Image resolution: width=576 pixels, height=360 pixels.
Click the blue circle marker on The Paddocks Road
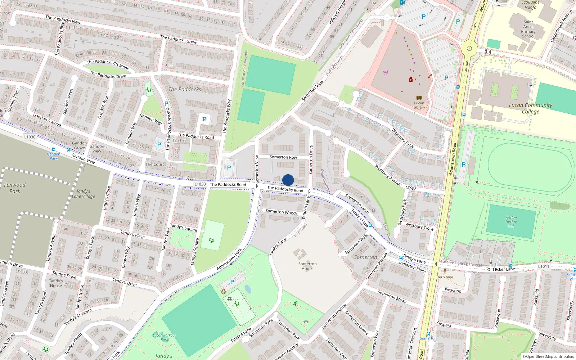point(288,180)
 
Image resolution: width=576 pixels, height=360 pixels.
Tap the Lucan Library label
point(419,105)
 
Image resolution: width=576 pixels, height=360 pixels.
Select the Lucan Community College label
point(530,108)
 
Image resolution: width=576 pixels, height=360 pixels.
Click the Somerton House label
point(307,266)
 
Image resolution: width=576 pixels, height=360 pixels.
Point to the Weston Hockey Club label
point(511,221)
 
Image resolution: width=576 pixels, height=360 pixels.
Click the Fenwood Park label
point(15,188)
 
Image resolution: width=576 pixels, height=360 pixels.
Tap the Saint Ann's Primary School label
point(528,29)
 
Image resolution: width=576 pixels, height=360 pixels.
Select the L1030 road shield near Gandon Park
point(30,137)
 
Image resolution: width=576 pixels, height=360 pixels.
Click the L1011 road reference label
point(544,266)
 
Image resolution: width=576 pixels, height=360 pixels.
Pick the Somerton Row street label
point(283,157)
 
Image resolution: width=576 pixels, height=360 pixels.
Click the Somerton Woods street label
point(282,212)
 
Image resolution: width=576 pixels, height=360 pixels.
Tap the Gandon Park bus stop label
point(53,156)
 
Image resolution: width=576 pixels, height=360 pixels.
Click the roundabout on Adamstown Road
point(469,48)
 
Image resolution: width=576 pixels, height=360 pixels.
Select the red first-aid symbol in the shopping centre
point(410,79)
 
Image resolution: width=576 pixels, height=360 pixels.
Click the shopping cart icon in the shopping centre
point(386,72)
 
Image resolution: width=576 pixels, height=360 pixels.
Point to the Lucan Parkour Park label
point(164,337)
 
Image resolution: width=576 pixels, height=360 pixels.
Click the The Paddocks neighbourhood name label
point(185,89)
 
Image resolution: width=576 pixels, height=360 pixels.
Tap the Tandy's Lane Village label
point(83,194)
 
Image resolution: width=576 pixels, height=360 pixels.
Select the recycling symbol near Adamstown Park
point(224,292)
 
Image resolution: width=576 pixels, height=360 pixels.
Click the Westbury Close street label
point(419,226)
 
